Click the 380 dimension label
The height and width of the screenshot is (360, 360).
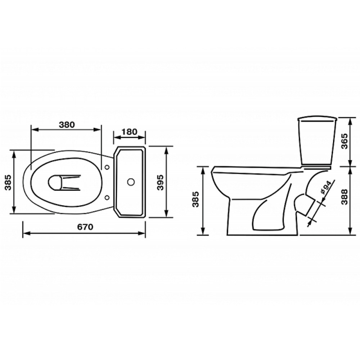(67, 125)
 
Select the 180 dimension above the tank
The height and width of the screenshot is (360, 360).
(129, 132)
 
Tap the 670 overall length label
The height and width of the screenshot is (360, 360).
(85, 227)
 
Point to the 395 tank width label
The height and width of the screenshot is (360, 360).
(160, 182)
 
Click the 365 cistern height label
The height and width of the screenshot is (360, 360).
(345, 141)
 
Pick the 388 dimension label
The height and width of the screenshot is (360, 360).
(345, 197)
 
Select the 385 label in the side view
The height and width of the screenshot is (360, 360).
(196, 199)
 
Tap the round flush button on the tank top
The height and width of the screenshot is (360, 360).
(131, 182)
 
